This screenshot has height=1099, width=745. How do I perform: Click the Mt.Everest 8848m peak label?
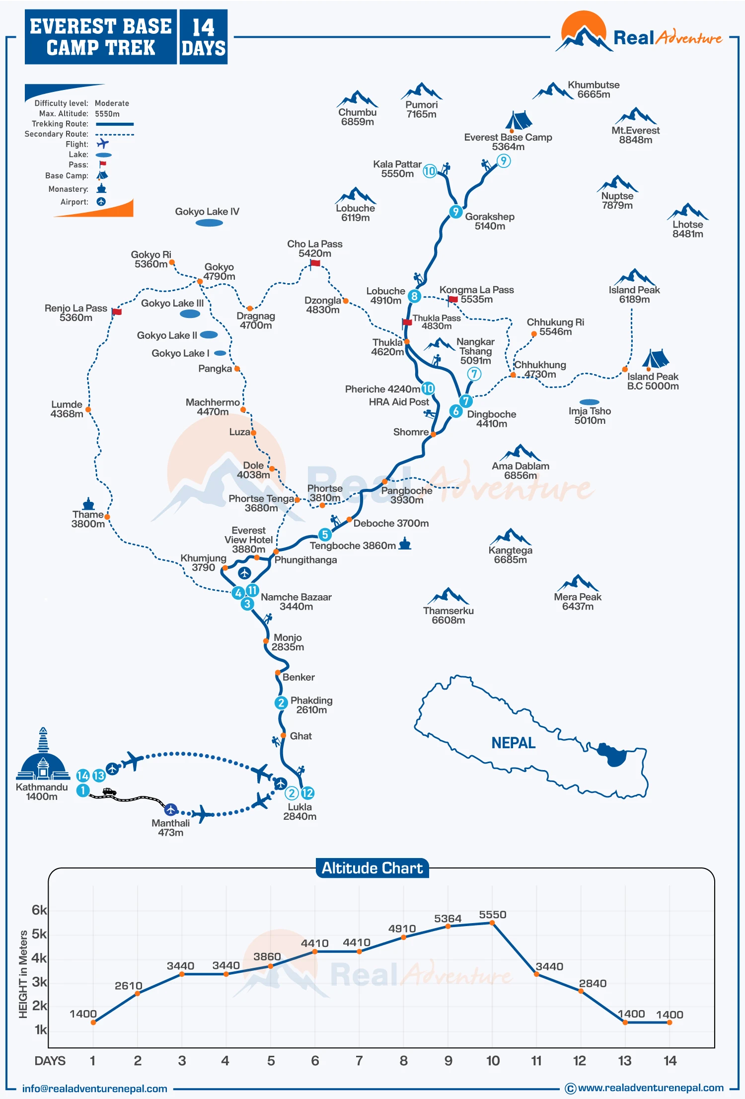[635, 135]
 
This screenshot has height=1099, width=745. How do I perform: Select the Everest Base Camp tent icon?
[518, 121]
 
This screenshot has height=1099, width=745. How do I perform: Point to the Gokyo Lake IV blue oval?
[209, 223]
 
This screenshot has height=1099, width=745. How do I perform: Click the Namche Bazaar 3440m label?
[296, 602]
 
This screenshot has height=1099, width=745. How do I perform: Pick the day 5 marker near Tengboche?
[324, 535]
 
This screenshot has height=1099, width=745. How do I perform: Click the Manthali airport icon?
[171, 809]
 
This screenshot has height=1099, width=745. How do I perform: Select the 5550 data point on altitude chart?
[492, 923]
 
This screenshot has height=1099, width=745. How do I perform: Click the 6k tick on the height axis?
[39, 910]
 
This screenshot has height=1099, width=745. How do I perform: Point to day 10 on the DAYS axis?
[493, 1061]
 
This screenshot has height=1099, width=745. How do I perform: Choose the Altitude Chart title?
[372, 868]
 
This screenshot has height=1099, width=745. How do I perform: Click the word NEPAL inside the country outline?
[513, 743]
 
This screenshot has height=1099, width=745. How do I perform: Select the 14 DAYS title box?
[203, 37]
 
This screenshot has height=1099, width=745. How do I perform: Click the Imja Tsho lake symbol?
[589, 402]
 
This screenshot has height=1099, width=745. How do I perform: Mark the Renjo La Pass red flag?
[117, 312]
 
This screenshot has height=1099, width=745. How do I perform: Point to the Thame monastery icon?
[88, 504]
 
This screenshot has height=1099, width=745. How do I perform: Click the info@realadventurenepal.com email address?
[94, 1089]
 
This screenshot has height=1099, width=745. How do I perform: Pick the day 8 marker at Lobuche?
[414, 296]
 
